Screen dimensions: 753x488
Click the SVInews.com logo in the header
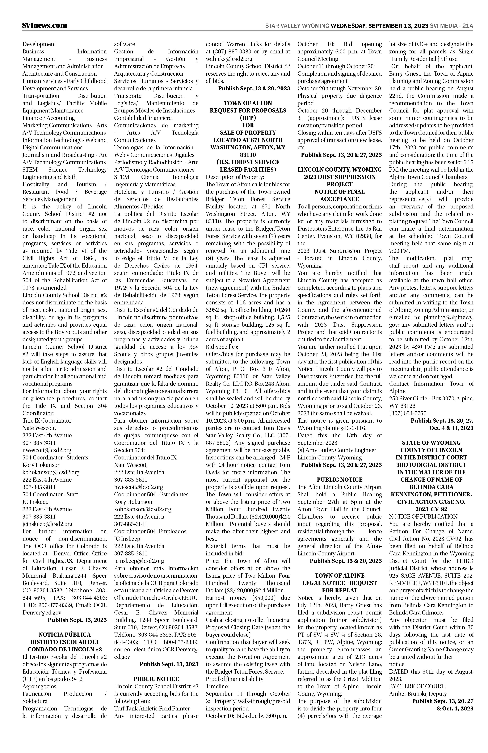45,26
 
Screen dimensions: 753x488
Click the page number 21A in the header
467,26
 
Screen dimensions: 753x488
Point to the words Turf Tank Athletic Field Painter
152,708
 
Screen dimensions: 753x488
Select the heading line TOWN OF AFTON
248,103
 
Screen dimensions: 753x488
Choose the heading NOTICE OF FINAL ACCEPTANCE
339,195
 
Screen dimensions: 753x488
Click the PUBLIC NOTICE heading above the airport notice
339,480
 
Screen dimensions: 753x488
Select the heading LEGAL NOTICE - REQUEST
339,583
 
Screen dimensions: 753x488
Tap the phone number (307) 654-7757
408,413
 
